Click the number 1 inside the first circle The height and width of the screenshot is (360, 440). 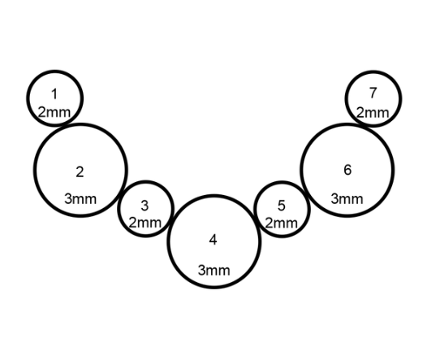tap(54, 93)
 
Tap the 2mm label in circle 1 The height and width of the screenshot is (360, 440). tap(54, 112)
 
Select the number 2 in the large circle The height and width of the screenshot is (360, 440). tap(80, 171)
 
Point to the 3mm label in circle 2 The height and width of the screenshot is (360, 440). tap(80, 199)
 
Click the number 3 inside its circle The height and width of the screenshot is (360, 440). tap(145, 206)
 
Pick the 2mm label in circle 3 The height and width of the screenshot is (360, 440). tap(145, 223)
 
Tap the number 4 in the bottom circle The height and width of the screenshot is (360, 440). tap(214, 240)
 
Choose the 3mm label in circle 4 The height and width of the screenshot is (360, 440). tap(214, 270)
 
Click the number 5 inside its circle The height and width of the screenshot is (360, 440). tap(282, 206)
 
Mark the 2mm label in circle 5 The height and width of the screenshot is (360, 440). tap(281, 223)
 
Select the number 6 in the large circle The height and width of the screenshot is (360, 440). tap(347, 170)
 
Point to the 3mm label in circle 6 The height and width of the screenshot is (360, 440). tap(347, 199)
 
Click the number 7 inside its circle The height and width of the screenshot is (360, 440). tap(373, 93)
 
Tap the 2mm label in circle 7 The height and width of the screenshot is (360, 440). tap(373, 113)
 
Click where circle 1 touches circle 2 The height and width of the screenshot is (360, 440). tap(64, 124)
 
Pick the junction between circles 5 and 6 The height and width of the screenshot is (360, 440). tap(305, 194)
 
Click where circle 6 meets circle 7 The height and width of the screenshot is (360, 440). tap(363, 125)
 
